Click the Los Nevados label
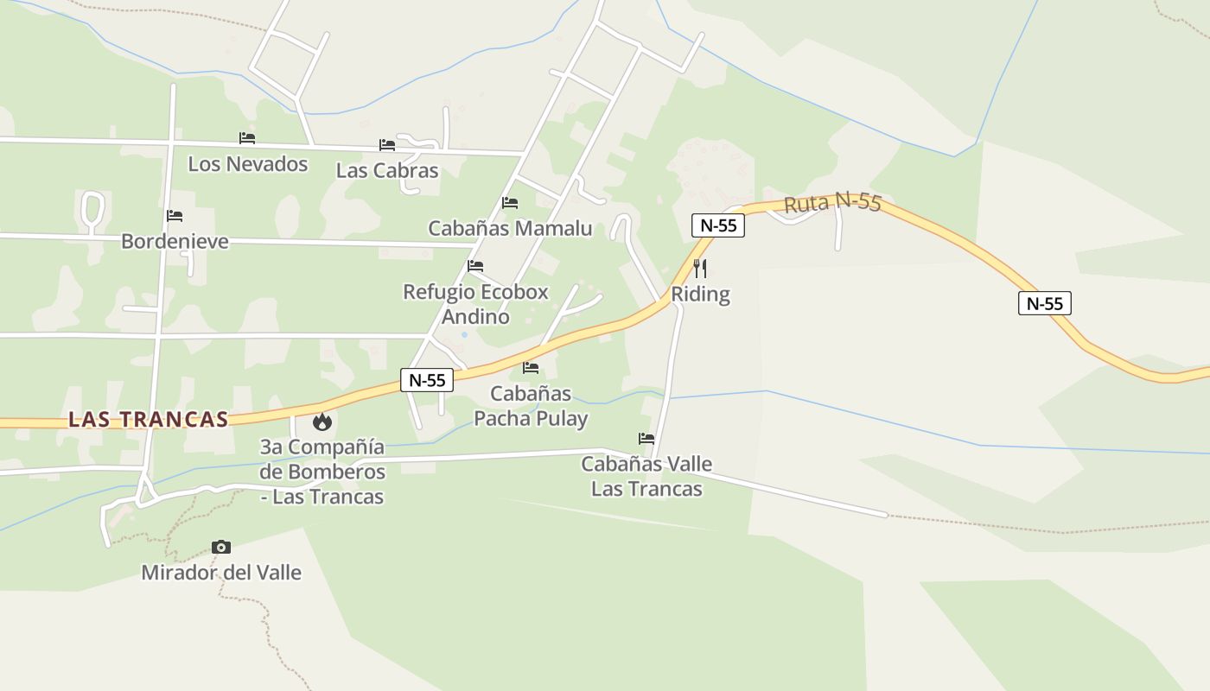pyautogui.click(x=248, y=164)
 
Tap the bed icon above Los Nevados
pyautogui.click(x=247, y=138)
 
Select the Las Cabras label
pyautogui.click(x=387, y=171)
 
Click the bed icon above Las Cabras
pyautogui.click(x=387, y=145)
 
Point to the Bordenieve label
pyautogui.click(x=175, y=241)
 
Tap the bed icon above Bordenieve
pyautogui.click(x=175, y=216)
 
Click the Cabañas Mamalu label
pyautogui.click(x=510, y=229)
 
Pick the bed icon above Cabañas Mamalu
pyautogui.click(x=510, y=203)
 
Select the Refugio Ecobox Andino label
pyautogui.click(x=475, y=304)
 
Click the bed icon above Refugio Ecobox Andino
pyautogui.click(x=475, y=266)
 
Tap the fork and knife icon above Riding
pyautogui.click(x=700, y=268)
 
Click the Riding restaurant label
pyautogui.click(x=700, y=295)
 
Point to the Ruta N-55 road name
pyautogui.click(x=832, y=204)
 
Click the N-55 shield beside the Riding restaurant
pyautogui.click(x=718, y=225)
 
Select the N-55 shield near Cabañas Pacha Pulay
pyautogui.click(x=427, y=380)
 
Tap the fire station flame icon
pyautogui.click(x=322, y=422)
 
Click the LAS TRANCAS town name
pyautogui.click(x=148, y=420)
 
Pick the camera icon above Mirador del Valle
pyautogui.click(x=221, y=547)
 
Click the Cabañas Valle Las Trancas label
pyautogui.click(x=646, y=476)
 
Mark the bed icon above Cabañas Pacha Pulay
pyautogui.click(x=531, y=368)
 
